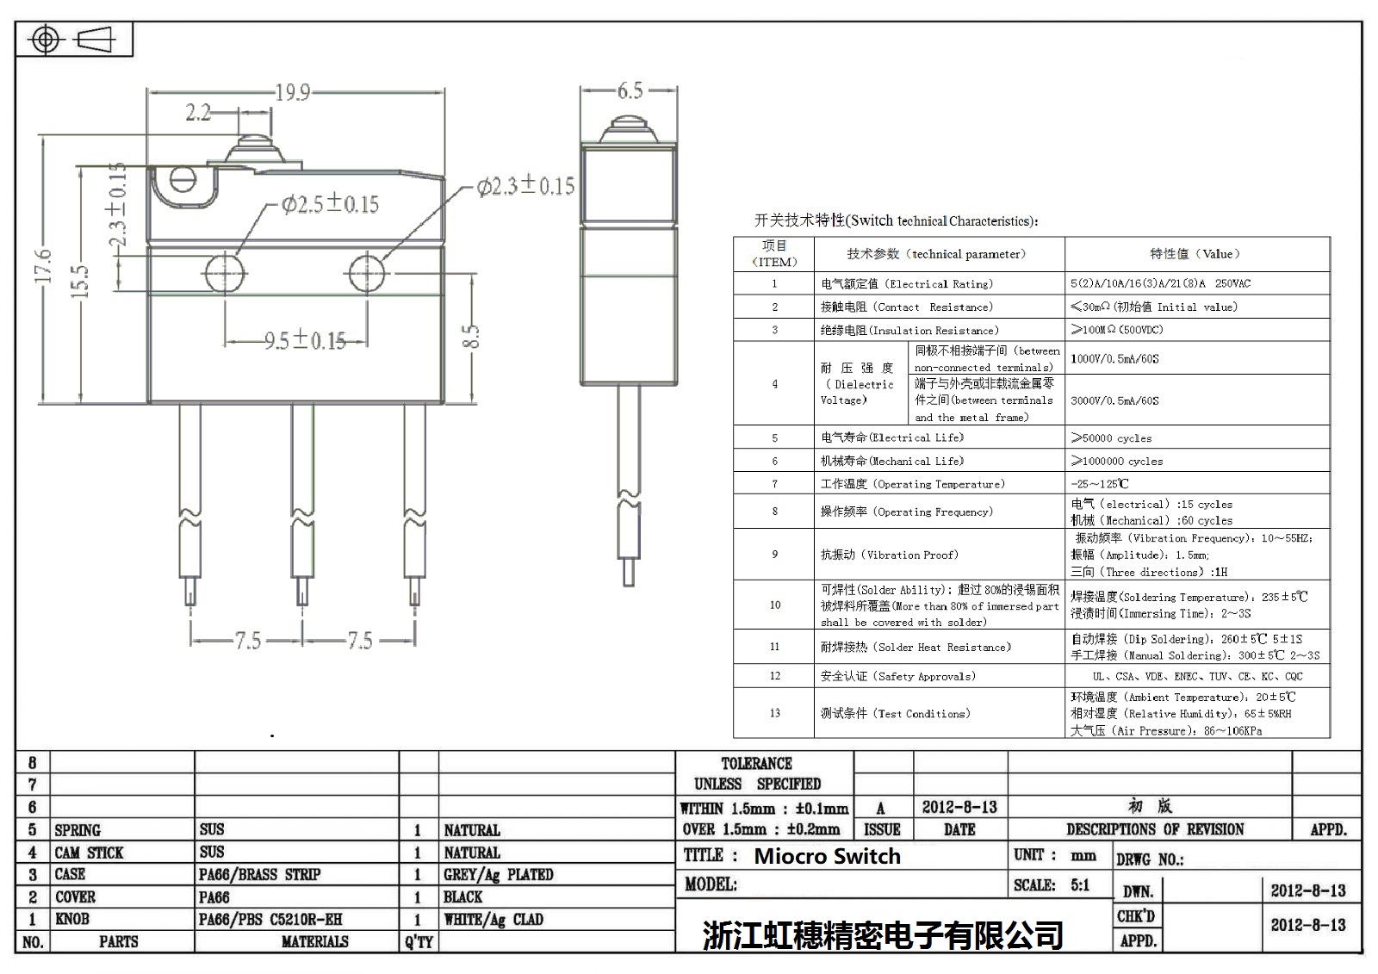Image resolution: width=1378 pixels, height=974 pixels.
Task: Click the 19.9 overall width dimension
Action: point(292,92)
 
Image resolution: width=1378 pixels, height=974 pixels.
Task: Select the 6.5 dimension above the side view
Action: point(630,90)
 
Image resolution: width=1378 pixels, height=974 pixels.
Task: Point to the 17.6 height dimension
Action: point(44,266)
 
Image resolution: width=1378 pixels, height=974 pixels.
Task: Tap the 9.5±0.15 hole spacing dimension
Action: point(305,341)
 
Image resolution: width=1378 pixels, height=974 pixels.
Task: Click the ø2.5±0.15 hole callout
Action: point(330,204)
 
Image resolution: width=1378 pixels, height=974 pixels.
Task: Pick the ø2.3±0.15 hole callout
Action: point(525,186)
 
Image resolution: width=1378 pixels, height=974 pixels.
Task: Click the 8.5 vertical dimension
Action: point(470,336)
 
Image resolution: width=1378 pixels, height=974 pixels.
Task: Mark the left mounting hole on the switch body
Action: point(226,274)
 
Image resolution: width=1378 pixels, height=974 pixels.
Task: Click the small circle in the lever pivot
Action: point(183,179)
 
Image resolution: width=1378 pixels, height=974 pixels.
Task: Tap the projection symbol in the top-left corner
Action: point(74,40)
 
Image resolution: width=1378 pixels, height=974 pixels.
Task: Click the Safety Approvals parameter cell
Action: point(898,676)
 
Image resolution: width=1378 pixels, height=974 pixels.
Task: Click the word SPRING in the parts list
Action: point(78,830)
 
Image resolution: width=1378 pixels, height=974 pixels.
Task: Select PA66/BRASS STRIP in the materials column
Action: point(259,875)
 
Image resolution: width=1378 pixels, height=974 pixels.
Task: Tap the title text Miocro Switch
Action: point(827,856)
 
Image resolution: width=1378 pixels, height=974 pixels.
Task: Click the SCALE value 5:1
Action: point(1080,885)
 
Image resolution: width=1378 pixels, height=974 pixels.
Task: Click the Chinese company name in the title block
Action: point(883,935)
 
